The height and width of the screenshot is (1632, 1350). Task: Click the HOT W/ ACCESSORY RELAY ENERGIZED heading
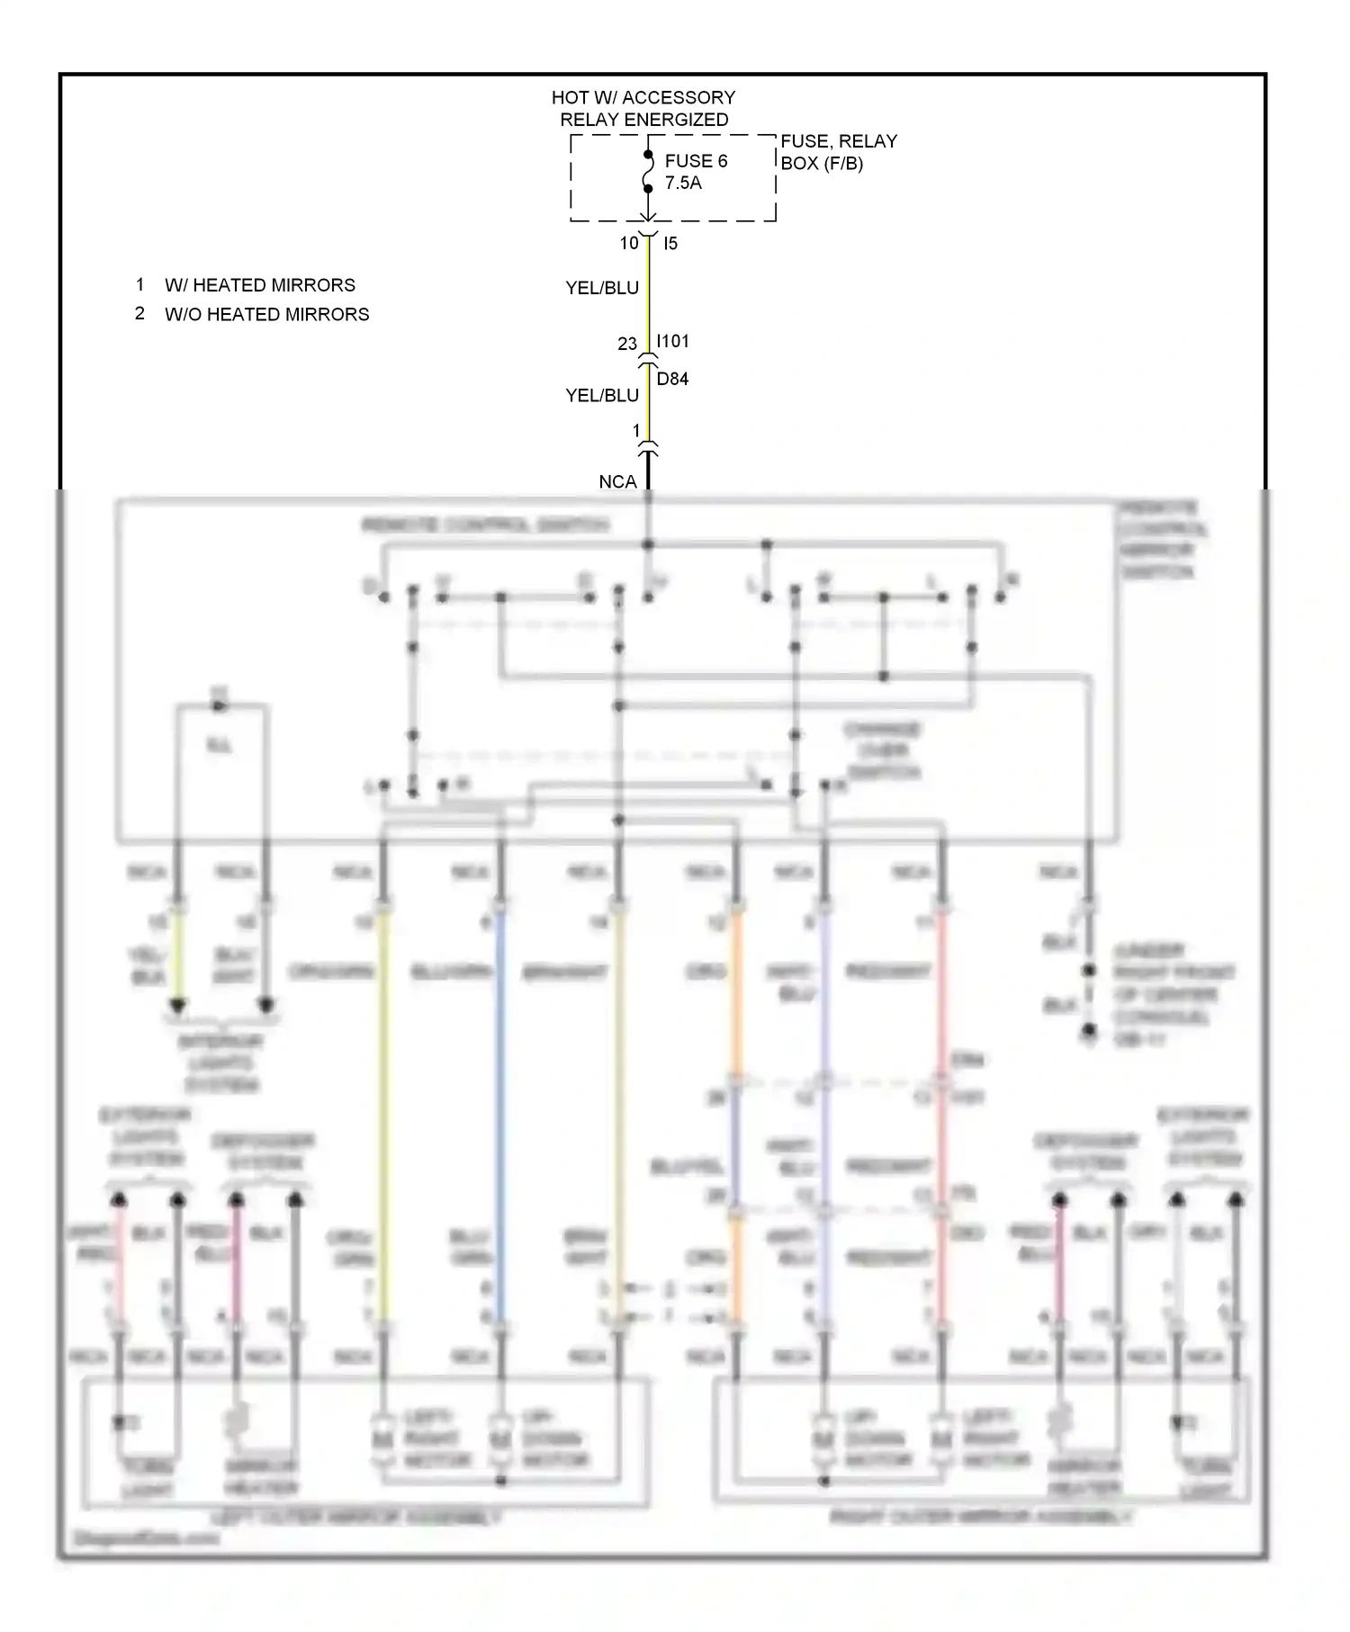[x=643, y=108]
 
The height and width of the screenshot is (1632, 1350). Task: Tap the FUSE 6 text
[x=695, y=161]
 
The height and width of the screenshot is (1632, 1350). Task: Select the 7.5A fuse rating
[x=682, y=183]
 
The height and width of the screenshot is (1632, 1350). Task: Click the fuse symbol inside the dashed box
[x=647, y=172]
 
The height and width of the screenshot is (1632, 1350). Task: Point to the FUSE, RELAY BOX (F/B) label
[x=838, y=152]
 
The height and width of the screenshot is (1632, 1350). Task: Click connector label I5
[x=670, y=243]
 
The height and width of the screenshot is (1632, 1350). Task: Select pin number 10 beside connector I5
[x=628, y=243]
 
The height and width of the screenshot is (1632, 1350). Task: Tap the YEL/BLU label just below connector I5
[x=601, y=288]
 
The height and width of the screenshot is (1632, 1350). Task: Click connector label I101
[x=672, y=341]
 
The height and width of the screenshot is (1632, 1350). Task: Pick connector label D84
[x=671, y=379]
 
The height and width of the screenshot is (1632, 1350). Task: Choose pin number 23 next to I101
[x=626, y=344]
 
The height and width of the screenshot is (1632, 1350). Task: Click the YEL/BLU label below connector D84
[x=601, y=395]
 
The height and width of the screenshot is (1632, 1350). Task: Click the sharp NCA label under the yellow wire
[x=617, y=482]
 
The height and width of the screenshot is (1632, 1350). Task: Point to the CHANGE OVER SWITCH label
[x=883, y=750]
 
